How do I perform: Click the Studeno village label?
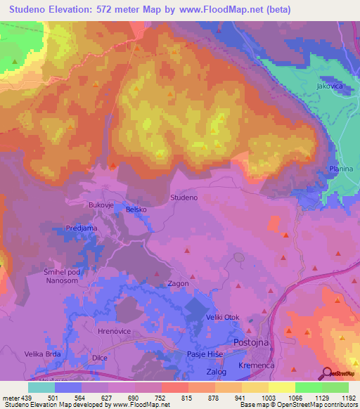184,198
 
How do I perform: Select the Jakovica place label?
330,86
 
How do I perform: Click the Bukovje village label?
100,204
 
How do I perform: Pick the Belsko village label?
136,209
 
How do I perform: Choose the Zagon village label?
177,283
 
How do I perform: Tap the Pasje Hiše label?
205,356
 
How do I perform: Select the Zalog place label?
217,371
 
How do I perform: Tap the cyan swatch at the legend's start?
41,387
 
